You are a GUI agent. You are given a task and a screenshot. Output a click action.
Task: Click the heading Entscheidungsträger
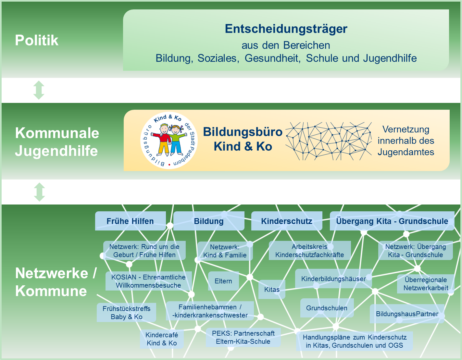[x=286, y=29]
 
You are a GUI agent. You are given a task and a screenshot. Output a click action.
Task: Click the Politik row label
[x=37, y=41]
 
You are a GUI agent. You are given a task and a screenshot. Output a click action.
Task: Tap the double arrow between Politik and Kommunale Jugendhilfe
[x=39, y=90]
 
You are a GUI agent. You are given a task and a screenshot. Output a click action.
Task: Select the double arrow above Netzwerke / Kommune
[x=39, y=192]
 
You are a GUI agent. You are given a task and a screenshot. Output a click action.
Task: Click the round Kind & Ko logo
[x=169, y=140]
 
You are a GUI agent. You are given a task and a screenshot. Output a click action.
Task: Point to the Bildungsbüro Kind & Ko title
[x=243, y=139]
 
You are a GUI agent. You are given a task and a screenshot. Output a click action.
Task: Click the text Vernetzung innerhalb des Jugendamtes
[x=406, y=141]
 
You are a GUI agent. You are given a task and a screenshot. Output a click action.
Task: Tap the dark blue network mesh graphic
[x=329, y=141]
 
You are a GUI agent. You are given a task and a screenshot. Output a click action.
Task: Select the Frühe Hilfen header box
[x=130, y=221]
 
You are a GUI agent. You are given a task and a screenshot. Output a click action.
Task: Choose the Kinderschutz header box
[x=287, y=221]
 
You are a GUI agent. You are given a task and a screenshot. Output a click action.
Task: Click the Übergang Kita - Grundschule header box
[x=392, y=221]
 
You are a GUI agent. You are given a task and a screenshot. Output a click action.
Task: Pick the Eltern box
[x=223, y=281]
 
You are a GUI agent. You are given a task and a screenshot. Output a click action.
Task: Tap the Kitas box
[x=272, y=289]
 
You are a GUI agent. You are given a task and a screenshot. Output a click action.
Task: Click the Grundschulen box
[x=327, y=308]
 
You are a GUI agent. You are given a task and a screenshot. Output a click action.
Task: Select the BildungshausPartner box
[x=407, y=314]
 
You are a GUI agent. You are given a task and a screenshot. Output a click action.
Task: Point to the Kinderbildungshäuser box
[x=333, y=279]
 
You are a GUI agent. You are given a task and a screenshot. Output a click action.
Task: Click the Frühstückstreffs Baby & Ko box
[x=126, y=313]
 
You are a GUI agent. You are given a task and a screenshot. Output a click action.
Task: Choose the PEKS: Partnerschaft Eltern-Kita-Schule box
[x=243, y=337]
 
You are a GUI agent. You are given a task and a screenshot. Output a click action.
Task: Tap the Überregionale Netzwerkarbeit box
[x=426, y=284]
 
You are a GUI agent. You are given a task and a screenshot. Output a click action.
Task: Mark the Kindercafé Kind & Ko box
[x=162, y=339]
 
